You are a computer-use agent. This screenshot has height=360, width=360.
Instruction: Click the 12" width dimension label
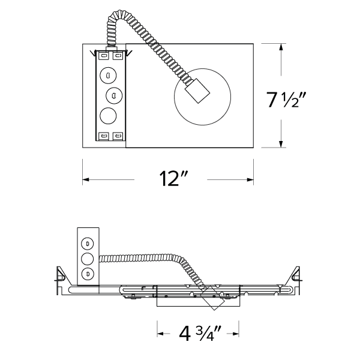point(175,179)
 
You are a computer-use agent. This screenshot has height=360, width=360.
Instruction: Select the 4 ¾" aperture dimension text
point(198,332)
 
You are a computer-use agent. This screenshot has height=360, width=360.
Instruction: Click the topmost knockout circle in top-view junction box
point(108,74)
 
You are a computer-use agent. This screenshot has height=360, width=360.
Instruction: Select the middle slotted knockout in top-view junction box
point(113,95)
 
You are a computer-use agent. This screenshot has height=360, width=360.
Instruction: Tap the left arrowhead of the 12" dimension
point(86,179)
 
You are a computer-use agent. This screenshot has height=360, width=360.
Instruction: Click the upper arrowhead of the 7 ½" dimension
point(281,47)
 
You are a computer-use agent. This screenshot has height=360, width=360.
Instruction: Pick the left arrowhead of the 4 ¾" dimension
point(160,332)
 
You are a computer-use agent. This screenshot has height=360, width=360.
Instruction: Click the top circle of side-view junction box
point(88,243)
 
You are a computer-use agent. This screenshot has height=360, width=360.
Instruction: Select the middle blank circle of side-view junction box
point(88,259)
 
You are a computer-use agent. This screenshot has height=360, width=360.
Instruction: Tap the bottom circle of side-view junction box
point(88,274)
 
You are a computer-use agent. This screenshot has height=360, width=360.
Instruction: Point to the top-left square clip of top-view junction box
point(104,56)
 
